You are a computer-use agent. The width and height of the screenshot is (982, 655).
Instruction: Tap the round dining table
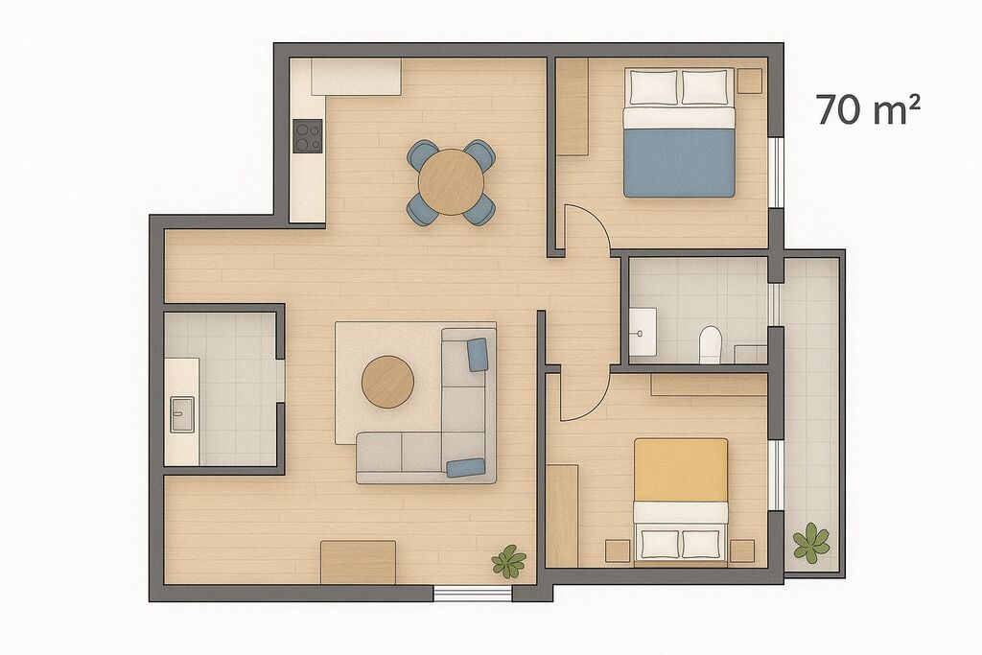pyautogui.click(x=451, y=181)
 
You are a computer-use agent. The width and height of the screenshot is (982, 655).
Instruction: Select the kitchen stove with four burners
pyautogui.click(x=308, y=136)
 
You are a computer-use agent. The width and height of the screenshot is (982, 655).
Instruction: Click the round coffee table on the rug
pyautogui.click(x=387, y=382)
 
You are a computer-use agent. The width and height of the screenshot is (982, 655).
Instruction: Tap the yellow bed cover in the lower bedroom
pyautogui.click(x=681, y=470)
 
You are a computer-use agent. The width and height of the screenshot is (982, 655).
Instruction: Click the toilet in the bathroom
pyautogui.click(x=711, y=343)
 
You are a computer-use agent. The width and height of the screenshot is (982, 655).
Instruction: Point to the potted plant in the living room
pyautogui.click(x=508, y=561)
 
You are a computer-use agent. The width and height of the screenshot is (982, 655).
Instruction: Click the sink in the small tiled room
pyautogui.click(x=182, y=414)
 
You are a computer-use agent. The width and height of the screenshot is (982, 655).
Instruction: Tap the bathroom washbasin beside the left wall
pyautogui.click(x=643, y=332)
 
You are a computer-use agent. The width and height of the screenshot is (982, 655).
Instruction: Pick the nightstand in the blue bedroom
pyautogui.click(x=750, y=81)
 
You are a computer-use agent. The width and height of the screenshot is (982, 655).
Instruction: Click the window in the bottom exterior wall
pyautogui.click(x=473, y=593)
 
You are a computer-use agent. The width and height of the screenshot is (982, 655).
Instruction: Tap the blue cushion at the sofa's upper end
pyautogui.click(x=478, y=355)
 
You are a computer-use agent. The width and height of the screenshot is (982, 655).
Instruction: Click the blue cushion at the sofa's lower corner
pyautogui.click(x=466, y=467)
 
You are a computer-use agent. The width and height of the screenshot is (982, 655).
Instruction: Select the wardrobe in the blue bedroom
pyautogui.click(x=573, y=106)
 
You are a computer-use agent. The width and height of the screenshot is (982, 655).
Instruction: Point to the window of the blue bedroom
pyautogui.click(x=776, y=172)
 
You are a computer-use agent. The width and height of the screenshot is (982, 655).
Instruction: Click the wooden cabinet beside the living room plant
pyautogui.click(x=359, y=562)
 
